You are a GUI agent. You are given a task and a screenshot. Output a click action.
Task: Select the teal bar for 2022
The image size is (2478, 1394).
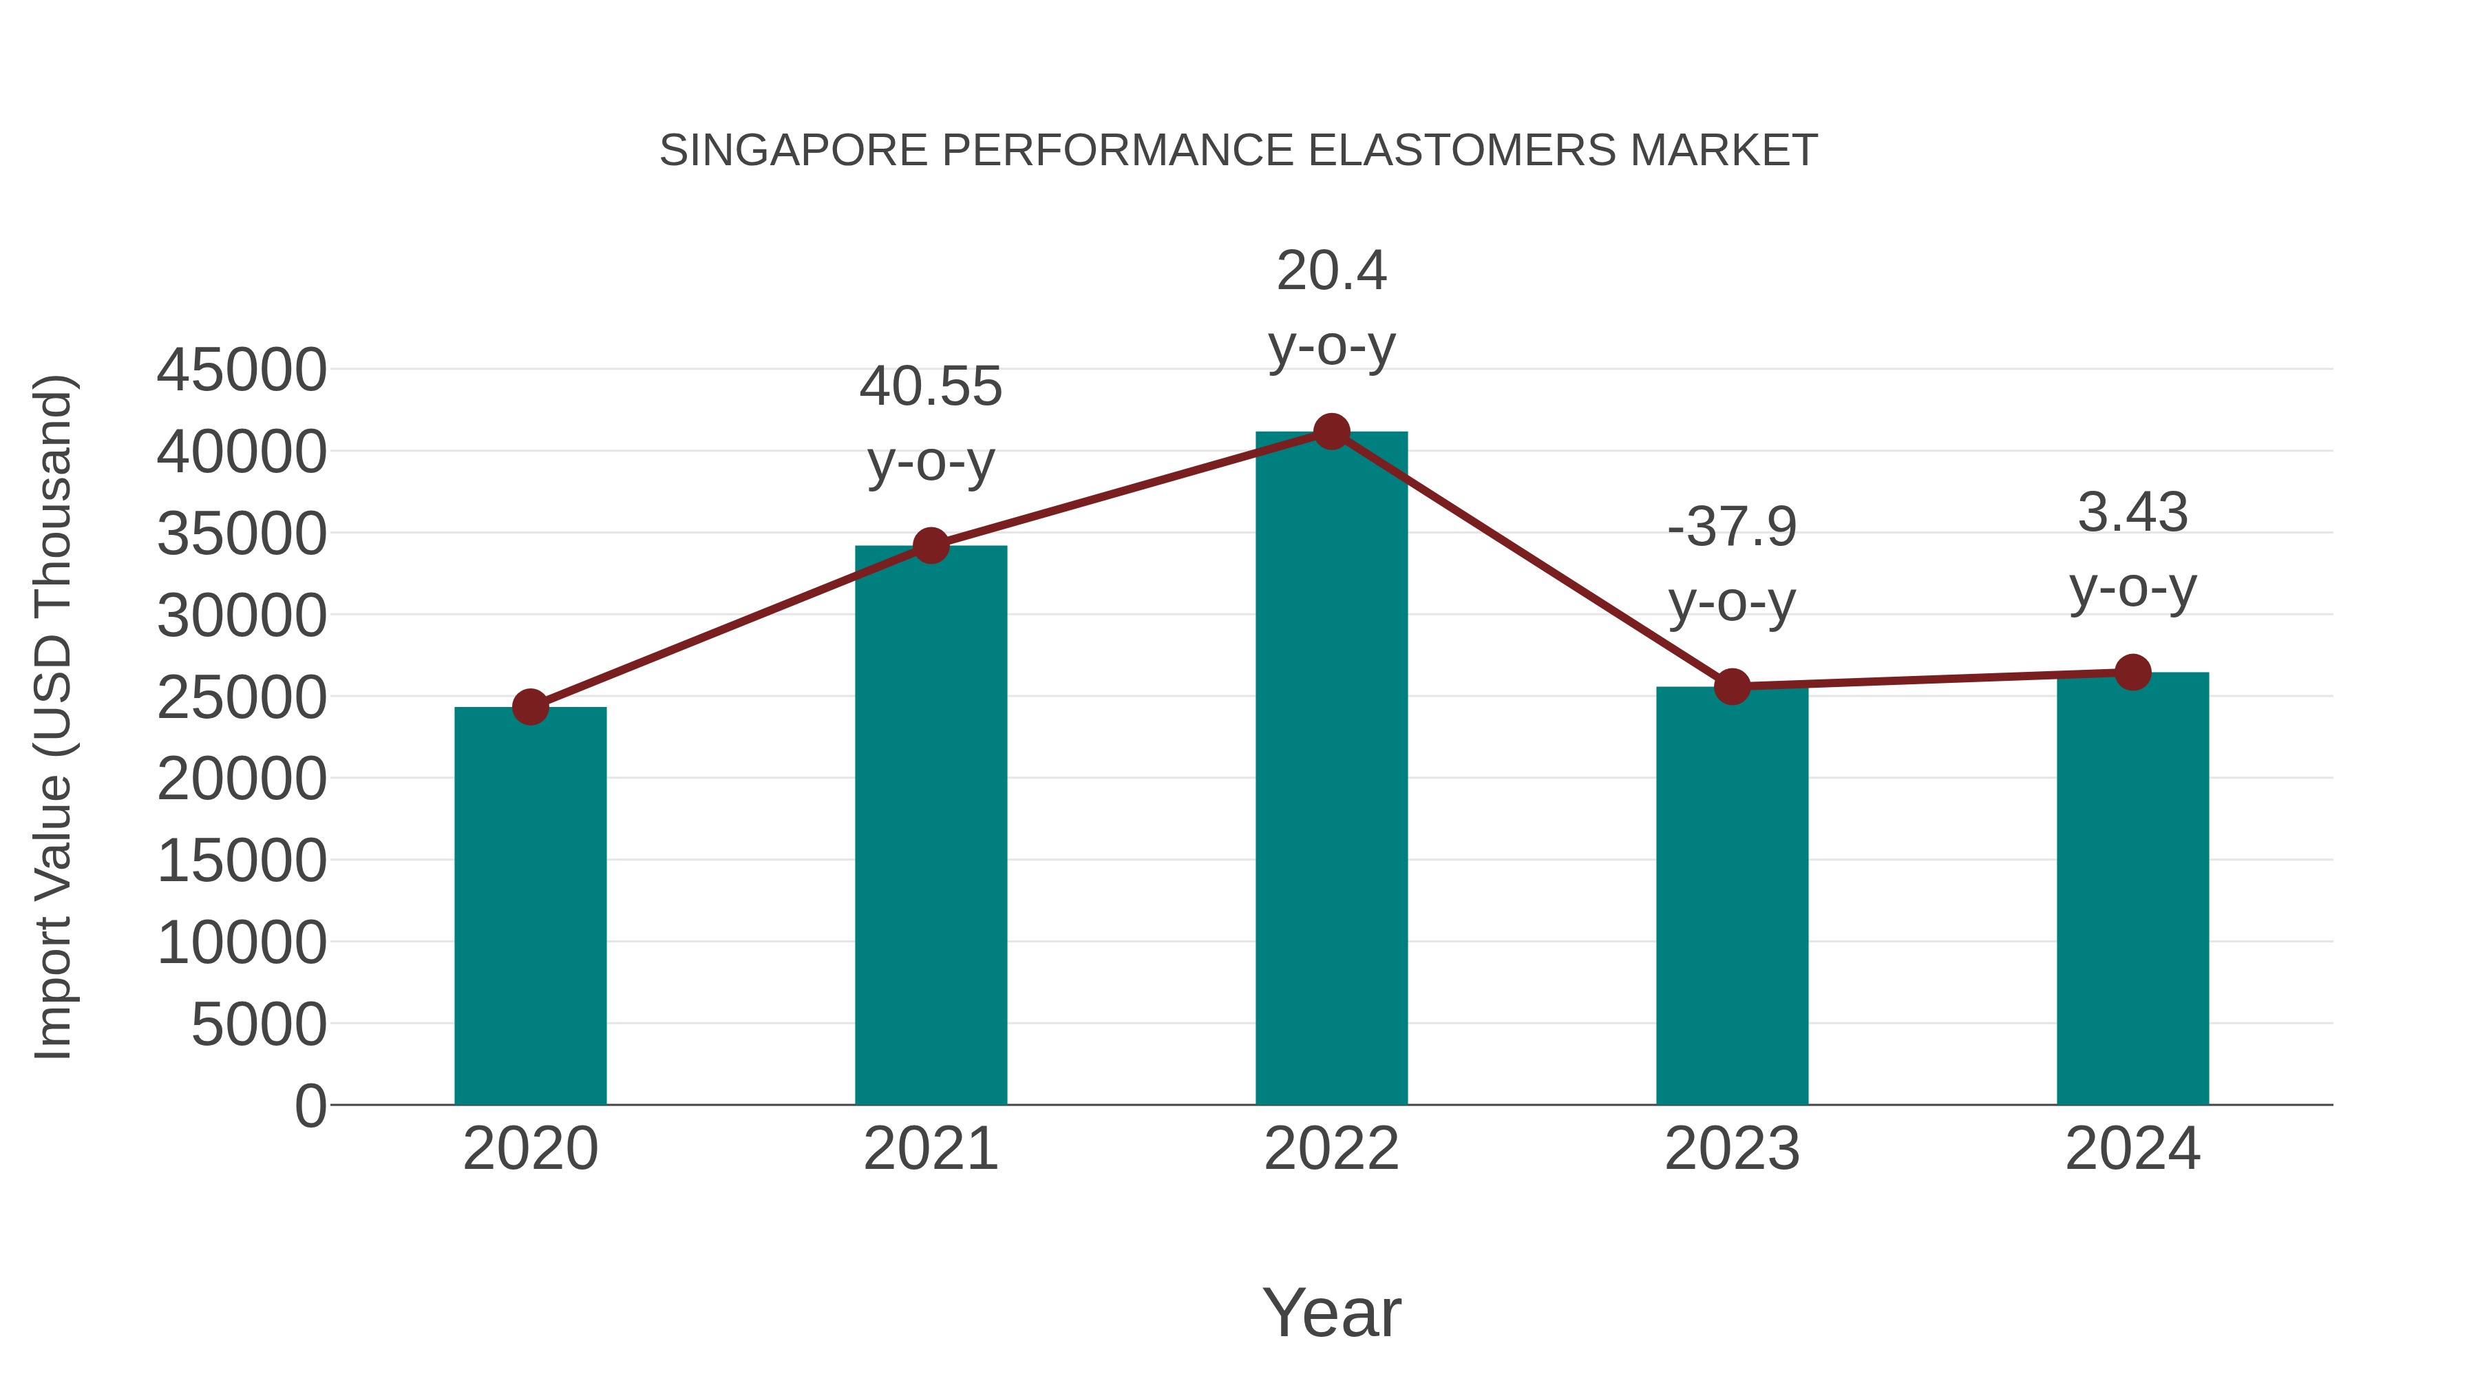tap(1331, 770)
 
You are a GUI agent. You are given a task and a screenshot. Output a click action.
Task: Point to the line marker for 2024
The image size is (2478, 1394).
tap(2132, 673)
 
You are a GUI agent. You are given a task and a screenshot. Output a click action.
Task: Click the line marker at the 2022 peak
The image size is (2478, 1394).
tap(1331, 432)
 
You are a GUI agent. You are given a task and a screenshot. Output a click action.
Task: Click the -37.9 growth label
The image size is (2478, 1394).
tap(1732, 527)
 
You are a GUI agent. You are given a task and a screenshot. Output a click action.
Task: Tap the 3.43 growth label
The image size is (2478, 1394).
tap(2132, 513)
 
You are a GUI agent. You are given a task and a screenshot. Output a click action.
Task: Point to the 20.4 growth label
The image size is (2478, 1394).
tap(1331, 271)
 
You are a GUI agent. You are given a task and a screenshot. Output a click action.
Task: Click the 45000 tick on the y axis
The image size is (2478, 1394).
tap(242, 370)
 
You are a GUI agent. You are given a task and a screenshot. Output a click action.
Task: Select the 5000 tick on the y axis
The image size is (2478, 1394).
tap(259, 1024)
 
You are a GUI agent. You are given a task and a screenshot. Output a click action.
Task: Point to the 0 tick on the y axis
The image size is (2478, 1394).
tap(310, 1106)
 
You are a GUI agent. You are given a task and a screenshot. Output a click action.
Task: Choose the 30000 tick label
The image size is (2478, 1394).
tap(242, 615)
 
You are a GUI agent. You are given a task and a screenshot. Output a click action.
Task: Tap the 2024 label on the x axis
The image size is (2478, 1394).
tap(2132, 1149)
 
